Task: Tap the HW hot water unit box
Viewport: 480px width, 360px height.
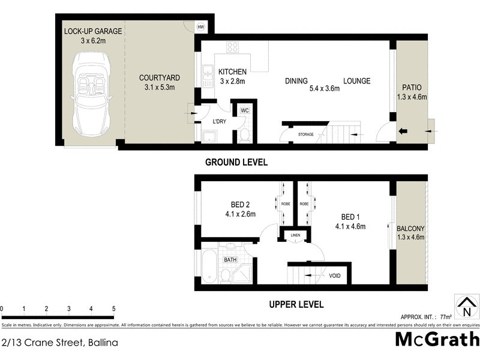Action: (x=202, y=27)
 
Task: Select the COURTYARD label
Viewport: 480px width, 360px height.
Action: (x=160, y=78)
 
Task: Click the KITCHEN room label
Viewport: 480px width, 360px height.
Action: (x=231, y=71)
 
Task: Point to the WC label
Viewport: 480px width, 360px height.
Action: (x=244, y=111)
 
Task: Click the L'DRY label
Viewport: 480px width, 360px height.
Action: (x=220, y=122)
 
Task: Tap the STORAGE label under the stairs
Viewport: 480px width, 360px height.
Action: (x=305, y=134)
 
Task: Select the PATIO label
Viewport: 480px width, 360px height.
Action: (x=410, y=86)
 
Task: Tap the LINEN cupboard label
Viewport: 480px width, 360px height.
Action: (x=295, y=235)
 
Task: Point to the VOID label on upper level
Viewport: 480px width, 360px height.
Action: (x=335, y=276)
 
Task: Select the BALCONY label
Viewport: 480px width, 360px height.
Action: (x=410, y=229)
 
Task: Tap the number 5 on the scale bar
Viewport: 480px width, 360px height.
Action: (x=113, y=308)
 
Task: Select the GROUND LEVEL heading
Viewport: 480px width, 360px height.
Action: (x=236, y=162)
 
